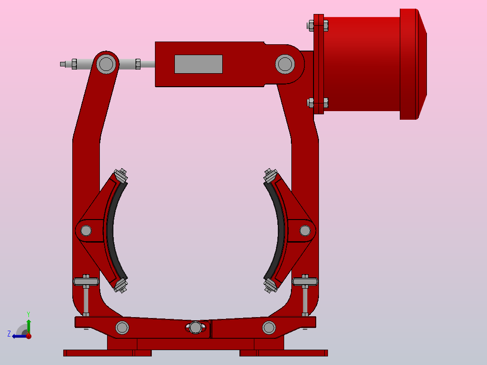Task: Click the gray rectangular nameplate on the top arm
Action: (198, 64)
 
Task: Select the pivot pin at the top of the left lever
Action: (106, 64)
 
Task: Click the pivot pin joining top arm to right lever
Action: (285, 64)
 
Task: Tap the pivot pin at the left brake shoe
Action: (86, 231)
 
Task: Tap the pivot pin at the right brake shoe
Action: (305, 231)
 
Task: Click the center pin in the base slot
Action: (196, 327)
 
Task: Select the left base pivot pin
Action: (122, 327)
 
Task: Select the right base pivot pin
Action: (269, 327)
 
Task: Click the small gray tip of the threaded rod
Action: (63, 64)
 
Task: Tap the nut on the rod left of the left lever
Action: (74, 64)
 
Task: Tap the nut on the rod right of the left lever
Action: (138, 64)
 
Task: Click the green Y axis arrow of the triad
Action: (28, 324)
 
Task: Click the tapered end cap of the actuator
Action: (422, 64)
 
